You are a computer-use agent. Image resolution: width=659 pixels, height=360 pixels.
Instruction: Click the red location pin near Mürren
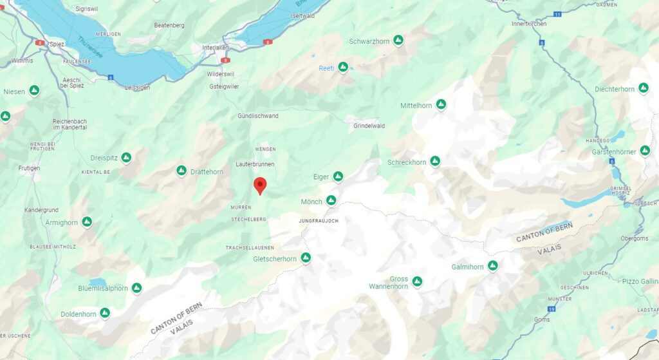tap(260, 185)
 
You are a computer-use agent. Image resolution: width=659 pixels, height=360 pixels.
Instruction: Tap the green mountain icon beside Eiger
tap(338, 176)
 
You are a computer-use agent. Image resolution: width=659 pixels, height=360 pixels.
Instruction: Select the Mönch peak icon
tap(331, 201)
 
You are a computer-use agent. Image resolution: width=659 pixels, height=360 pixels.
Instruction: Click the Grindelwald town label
tap(369, 126)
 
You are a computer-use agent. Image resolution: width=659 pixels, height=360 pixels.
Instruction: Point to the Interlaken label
tap(216, 48)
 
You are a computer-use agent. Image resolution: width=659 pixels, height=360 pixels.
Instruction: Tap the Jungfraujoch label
tap(319, 221)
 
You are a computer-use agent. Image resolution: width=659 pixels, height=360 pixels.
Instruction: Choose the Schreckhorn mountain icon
tap(435, 161)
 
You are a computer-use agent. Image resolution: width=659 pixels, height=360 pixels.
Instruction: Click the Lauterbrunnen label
tap(255, 164)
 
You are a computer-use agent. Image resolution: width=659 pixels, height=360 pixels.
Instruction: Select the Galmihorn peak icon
tap(492, 265)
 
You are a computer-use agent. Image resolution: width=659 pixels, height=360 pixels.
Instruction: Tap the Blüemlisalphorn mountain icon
tap(136, 288)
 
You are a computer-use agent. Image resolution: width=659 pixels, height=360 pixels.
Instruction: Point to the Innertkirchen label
tap(529, 24)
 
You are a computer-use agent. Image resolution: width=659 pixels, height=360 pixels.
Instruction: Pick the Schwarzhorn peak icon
tap(398, 41)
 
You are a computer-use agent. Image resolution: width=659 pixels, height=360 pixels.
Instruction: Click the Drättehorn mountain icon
tap(181, 171)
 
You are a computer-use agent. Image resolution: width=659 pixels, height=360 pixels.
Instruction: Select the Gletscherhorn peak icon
tap(306, 258)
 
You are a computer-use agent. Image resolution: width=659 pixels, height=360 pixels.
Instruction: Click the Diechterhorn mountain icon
tap(643, 88)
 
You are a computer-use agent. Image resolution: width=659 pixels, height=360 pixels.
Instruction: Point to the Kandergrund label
tap(42, 211)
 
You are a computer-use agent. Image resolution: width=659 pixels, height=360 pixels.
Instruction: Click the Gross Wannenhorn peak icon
tap(417, 281)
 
